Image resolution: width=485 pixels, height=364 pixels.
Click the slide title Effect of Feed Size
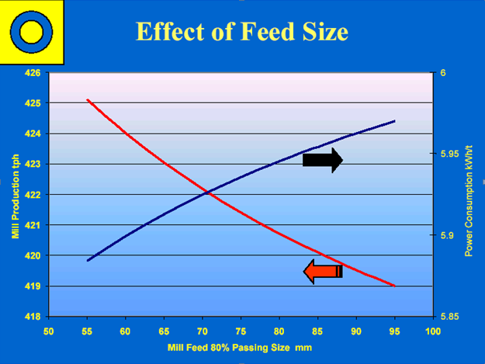tap(241, 32)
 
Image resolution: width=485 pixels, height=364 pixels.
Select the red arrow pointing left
tap(323, 271)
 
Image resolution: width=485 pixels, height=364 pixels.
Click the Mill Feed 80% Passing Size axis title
tap(239, 348)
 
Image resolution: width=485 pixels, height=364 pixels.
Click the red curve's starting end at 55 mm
tap(87, 100)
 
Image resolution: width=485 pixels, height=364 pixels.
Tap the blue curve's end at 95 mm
tap(395, 121)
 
